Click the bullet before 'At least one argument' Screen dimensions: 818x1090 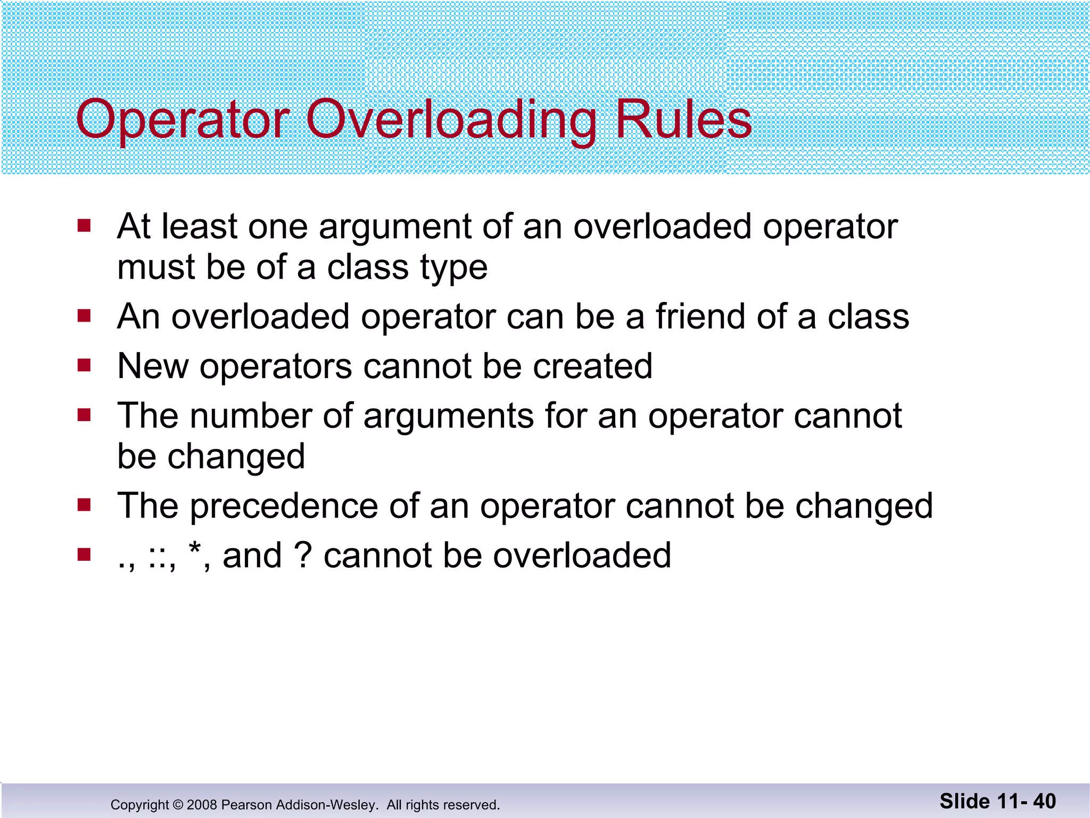coord(84,226)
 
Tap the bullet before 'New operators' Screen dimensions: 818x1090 coord(84,365)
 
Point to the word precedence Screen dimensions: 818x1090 coord(284,506)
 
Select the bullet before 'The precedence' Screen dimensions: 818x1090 coord(84,504)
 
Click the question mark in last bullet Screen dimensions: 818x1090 coord(302,555)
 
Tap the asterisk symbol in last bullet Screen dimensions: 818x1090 coord(195,549)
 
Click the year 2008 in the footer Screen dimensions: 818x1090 coord(202,805)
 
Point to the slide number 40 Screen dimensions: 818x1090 coord(1044,801)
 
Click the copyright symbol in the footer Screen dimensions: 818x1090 coord(178,805)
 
